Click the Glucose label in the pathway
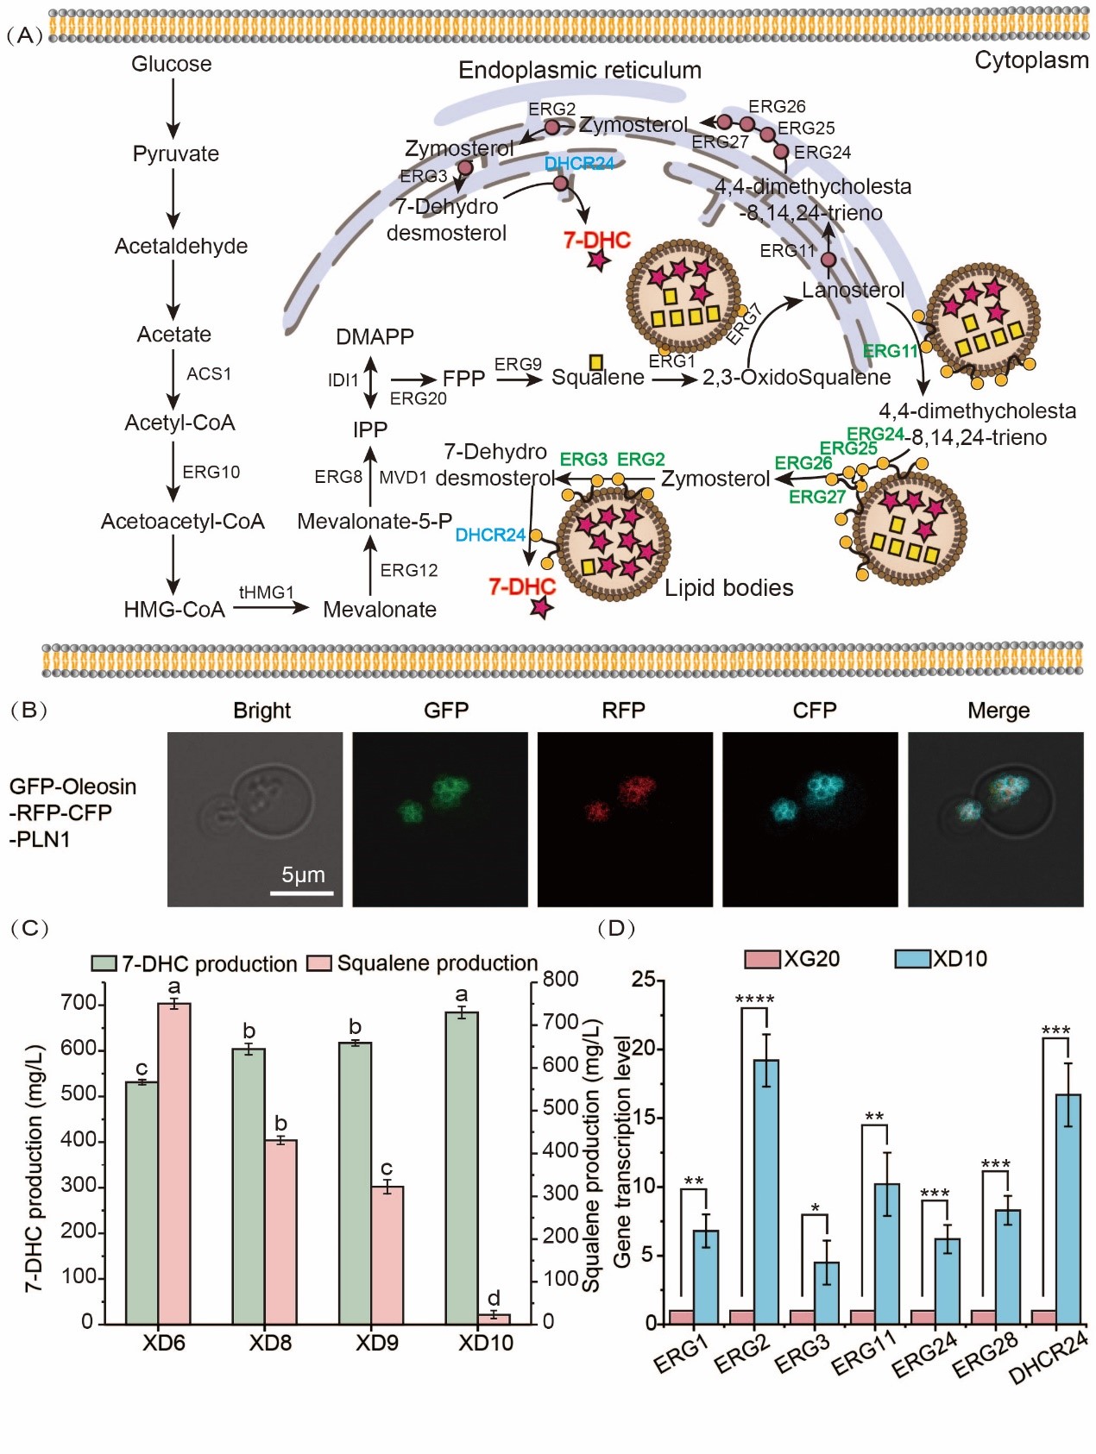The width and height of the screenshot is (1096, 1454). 171,64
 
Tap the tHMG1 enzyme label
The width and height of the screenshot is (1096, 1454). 266,592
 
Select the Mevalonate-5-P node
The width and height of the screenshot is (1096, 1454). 375,521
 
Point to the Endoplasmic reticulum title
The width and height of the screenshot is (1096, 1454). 579,70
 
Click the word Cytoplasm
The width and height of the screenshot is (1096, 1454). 1031,60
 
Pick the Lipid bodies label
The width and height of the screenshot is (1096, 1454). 728,588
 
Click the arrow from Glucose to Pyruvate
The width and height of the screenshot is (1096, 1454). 173,108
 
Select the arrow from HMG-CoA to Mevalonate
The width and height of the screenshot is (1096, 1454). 270,608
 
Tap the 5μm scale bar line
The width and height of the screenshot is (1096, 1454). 302,893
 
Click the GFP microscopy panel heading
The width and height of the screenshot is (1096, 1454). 446,710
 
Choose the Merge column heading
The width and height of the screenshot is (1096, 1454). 998,710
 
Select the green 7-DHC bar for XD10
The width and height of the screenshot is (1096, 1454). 462,1168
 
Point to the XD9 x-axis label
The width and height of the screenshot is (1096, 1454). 377,1343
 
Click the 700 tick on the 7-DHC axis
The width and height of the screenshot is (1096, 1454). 79,1003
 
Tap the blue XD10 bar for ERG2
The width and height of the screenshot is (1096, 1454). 766,1191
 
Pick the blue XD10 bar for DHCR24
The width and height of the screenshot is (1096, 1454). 1068,1208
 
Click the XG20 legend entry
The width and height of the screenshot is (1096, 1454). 792,959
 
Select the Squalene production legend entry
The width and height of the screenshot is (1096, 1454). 423,963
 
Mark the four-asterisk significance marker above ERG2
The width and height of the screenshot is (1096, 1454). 754,1000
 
